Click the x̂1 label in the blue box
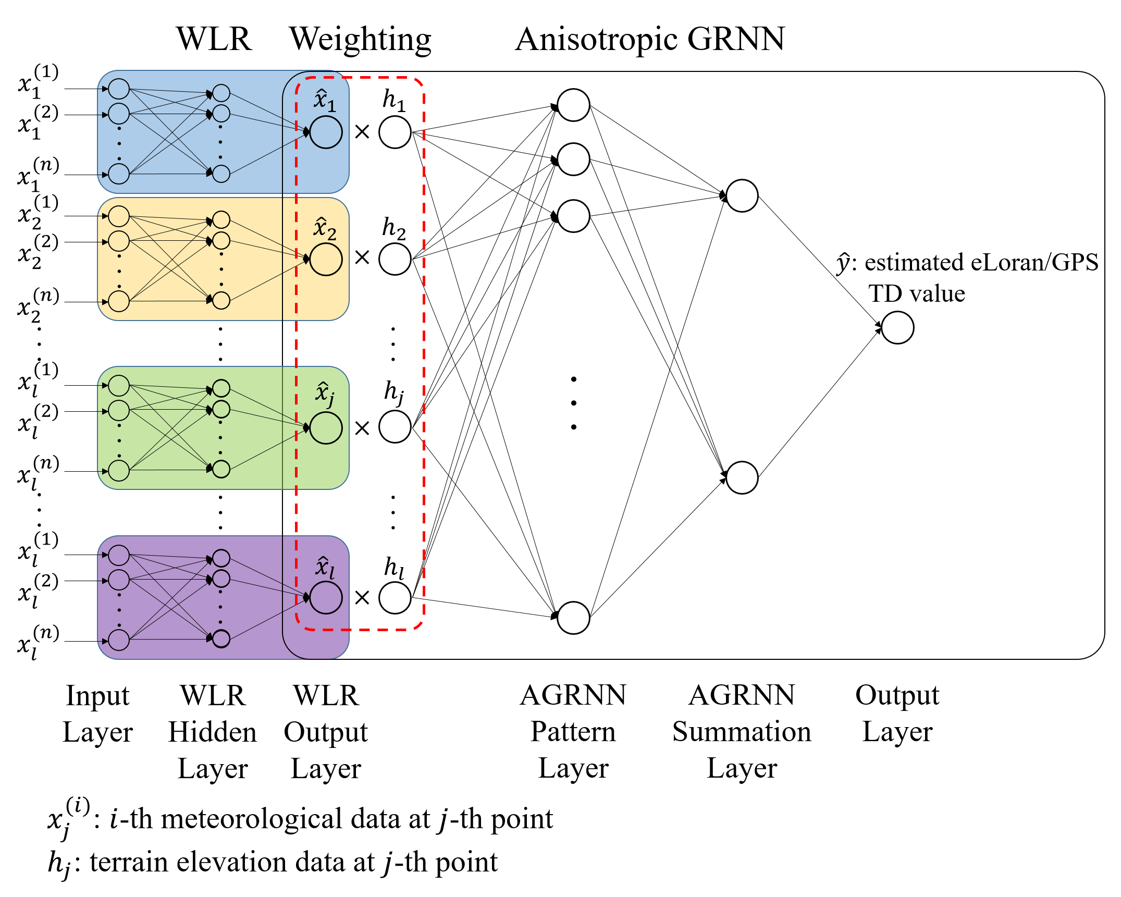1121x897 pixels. click(325, 101)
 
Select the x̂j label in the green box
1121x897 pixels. click(325, 394)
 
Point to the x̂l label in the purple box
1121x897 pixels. click(325, 568)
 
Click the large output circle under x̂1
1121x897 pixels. click(326, 132)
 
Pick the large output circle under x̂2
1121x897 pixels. click(326, 260)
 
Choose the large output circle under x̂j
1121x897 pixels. click(326, 428)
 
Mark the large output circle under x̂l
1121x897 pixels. click(326, 597)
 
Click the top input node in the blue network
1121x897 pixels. click(119, 89)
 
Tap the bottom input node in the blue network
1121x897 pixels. click(119, 174)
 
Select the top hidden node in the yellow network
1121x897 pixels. click(221, 219)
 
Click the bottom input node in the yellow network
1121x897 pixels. click(119, 301)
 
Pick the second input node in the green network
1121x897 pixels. click(119, 410)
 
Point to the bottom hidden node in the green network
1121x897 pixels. click(221, 469)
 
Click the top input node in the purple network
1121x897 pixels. click(119, 555)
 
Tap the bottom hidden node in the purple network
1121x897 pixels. click(221, 638)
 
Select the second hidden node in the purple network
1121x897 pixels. click(221, 579)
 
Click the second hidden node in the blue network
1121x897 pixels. click(221, 113)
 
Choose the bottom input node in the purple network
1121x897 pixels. click(119, 640)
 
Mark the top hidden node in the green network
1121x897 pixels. click(221, 388)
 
